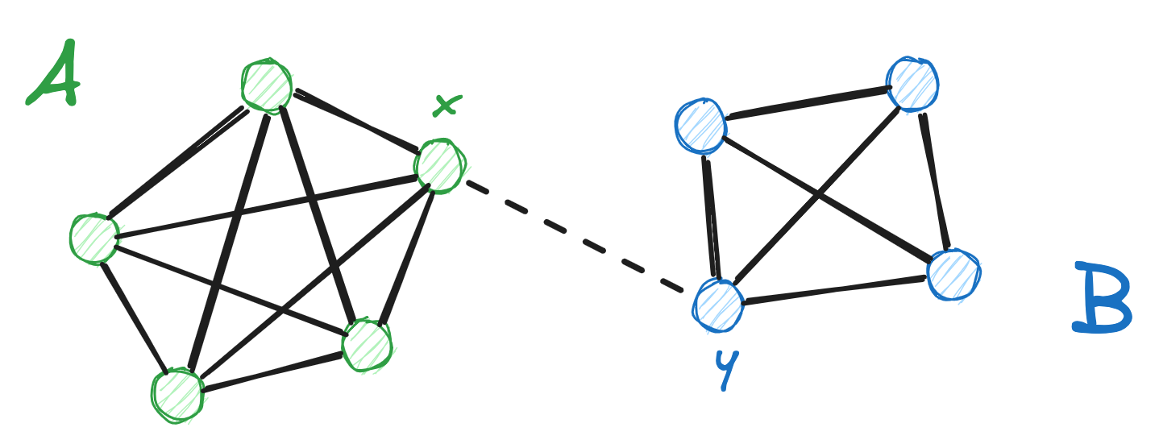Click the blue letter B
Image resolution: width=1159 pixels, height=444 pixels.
point(1102,298)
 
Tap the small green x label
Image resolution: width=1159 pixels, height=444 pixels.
point(447,105)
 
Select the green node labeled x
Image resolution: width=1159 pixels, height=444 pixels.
point(439,166)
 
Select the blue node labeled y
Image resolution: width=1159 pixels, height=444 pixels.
point(717,305)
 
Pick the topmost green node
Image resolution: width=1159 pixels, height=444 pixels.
point(267,85)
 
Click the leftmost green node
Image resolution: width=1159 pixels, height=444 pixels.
point(94,239)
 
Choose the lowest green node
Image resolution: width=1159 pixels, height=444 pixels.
point(177,394)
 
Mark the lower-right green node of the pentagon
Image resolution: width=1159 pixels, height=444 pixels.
point(367,345)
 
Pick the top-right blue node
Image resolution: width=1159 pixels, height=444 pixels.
point(912,84)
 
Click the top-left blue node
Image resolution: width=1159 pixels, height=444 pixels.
point(700,126)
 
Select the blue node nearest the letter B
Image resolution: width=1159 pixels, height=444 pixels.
point(953,275)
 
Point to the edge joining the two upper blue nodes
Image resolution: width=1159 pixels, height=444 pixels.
point(807,104)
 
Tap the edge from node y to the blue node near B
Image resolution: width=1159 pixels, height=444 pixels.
point(835,290)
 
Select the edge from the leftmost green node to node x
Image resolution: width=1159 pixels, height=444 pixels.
point(266,206)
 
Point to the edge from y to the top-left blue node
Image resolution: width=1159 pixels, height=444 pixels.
point(709,216)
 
